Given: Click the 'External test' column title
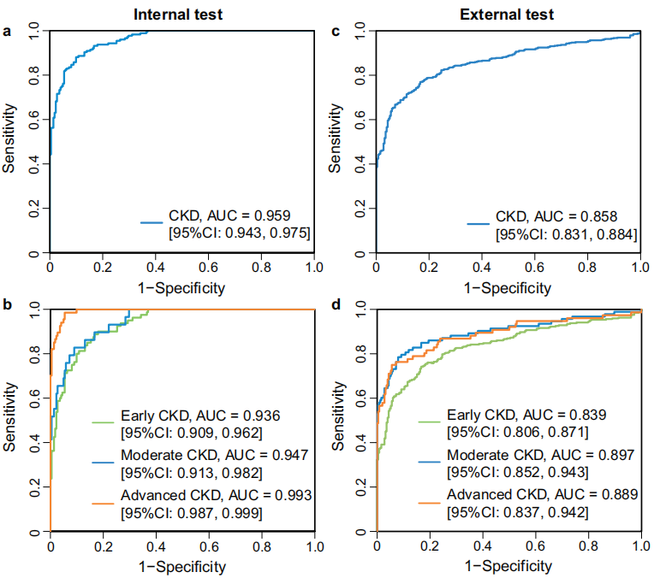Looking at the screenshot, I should click(x=508, y=14).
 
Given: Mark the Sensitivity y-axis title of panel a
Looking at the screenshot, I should click(x=9, y=139).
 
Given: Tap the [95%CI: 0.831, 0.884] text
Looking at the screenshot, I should click(x=566, y=233).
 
